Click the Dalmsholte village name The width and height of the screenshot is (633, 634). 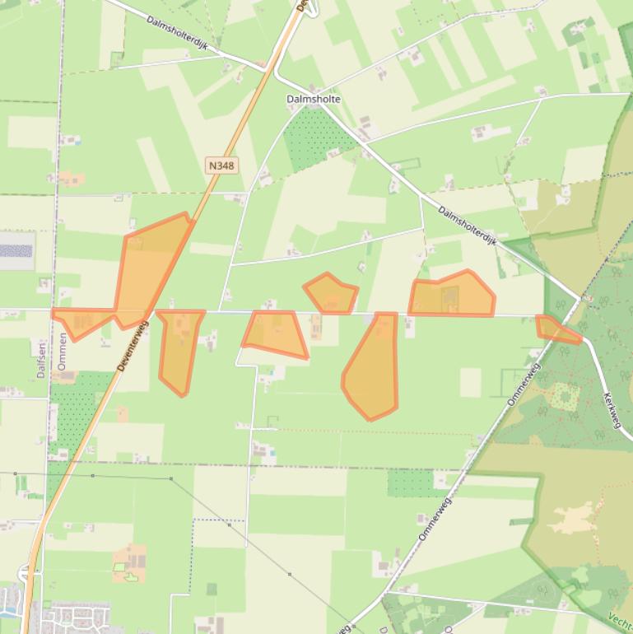(x=313, y=99)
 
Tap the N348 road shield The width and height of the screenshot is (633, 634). (x=221, y=165)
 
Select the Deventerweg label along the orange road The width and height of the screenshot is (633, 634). (x=132, y=345)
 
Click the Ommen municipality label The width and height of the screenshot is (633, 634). (x=63, y=351)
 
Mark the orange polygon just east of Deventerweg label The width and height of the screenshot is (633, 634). (x=179, y=350)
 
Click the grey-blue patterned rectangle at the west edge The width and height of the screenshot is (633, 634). (x=16, y=251)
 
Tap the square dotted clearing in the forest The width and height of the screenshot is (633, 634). (x=565, y=396)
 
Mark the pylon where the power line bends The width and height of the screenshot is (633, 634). (x=171, y=478)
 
